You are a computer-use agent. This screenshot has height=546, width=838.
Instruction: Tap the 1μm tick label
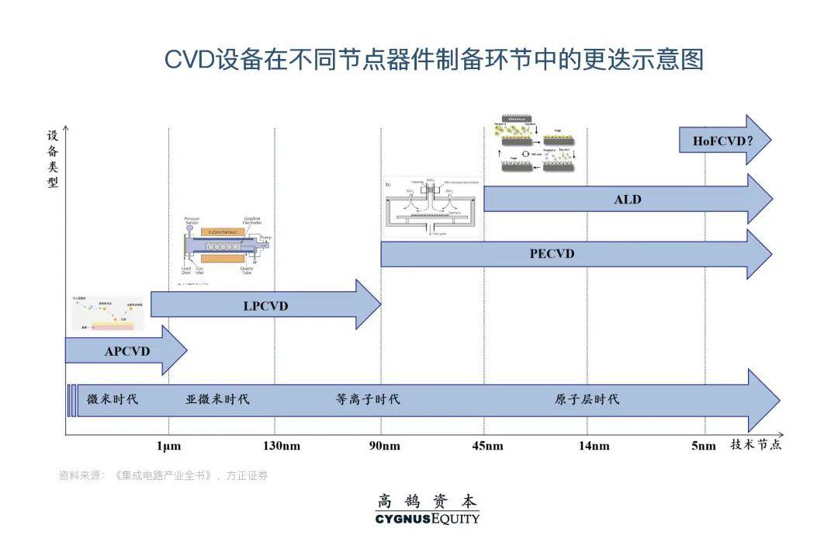pyautogui.click(x=169, y=446)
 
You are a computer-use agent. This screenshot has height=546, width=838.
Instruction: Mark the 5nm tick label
pyautogui.click(x=703, y=446)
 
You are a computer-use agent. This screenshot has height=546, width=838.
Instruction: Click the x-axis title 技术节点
pyautogui.click(x=755, y=444)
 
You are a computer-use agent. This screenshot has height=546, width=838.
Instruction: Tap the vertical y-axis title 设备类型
pyautogui.click(x=53, y=159)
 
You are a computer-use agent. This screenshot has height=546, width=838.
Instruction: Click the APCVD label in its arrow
pyautogui.click(x=126, y=351)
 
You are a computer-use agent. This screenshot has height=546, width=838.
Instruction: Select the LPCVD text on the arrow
pyautogui.click(x=265, y=306)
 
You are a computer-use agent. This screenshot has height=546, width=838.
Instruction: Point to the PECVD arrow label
pyautogui.click(x=552, y=254)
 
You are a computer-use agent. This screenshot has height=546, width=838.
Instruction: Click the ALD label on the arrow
pyautogui.click(x=628, y=200)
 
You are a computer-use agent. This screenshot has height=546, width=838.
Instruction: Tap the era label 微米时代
pyautogui.click(x=112, y=400)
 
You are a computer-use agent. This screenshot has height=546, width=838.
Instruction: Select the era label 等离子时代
pyautogui.click(x=368, y=400)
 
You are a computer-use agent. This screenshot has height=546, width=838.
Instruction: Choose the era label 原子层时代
pyautogui.click(x=587, y=400)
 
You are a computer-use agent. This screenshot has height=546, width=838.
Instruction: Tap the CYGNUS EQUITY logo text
pyautogui.click(x=427, y=519)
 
